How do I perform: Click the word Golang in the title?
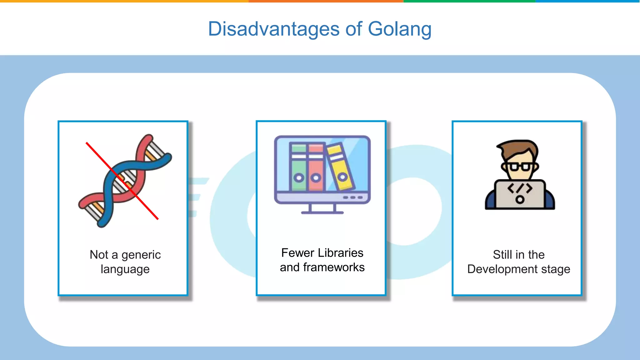click(x=399, y=29)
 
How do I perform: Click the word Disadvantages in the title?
click(x=273, y=29)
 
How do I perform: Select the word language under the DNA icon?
click(x=125, y=269)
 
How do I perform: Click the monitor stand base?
click(x=322, y=213)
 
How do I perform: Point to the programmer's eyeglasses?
click(x=519, y=167)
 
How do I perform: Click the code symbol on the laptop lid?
click(x=520, y=188)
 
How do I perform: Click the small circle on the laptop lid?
click(x=520, y=199)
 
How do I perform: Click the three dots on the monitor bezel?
click(x=352, y=197)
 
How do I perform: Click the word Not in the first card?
click(x=99, y=255)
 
